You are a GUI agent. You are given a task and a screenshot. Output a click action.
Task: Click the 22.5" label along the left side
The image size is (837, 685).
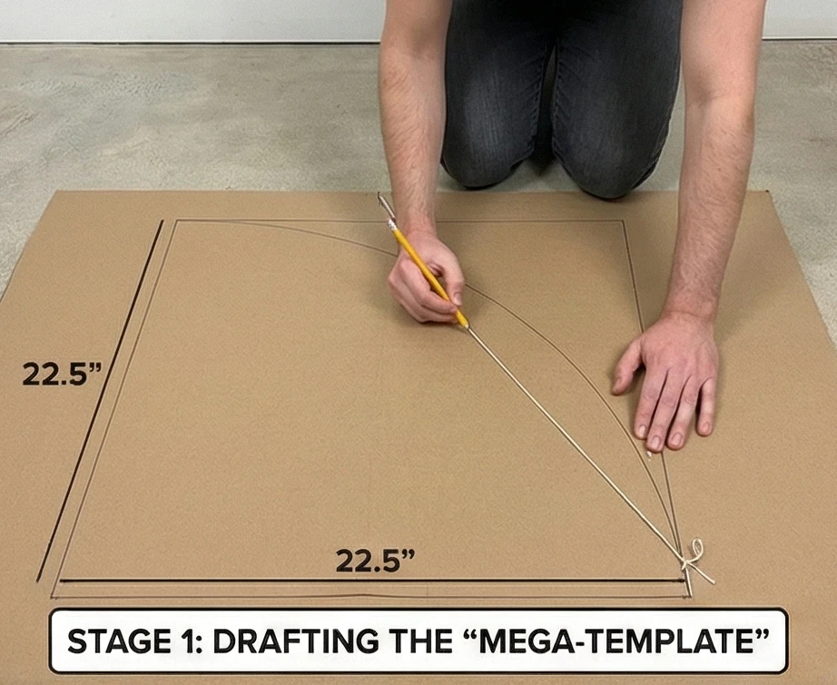(62, 374)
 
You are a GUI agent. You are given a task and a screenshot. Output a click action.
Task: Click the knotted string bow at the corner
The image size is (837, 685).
(695, 559)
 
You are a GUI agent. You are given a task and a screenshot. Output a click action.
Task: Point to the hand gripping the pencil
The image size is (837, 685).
(427, 280)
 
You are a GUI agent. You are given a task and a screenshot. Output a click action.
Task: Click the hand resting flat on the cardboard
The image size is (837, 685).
(667, 381)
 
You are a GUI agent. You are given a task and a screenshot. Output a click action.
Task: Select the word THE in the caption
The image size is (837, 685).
(422, 641)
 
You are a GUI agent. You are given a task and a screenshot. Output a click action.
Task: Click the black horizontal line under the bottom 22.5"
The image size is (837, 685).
(372, 580)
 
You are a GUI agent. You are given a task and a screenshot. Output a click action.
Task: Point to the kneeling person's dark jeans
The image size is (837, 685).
(560, 96)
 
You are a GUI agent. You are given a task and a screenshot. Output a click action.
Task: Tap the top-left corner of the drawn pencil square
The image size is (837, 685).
(176, 220)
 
